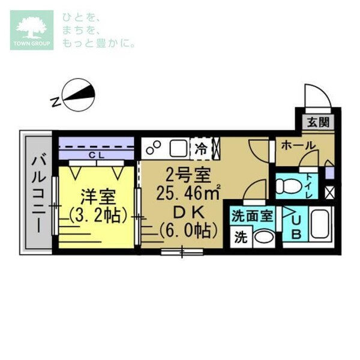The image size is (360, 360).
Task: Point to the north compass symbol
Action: pos(79,96)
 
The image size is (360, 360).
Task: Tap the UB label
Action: pos(296,226)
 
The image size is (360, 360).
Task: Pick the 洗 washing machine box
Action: pos(241,236)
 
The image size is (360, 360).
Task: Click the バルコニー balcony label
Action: pos(38,194)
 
